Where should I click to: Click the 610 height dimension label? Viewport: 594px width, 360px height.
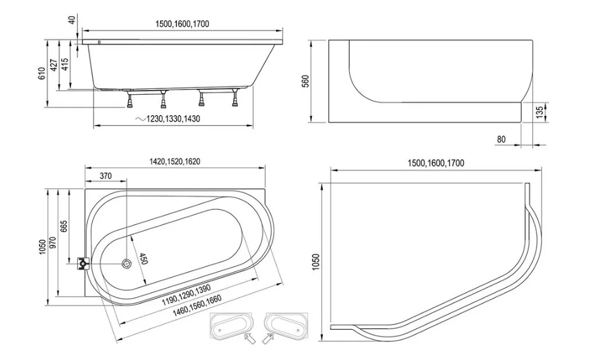click(x=42, y=73)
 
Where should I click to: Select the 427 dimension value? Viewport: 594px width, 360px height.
click(x=54, y=65)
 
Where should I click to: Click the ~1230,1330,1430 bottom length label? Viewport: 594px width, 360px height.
click(x=168, y=119)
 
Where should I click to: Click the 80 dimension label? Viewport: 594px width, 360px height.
click(x=501, y=140)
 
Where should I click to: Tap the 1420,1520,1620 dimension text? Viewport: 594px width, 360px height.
click(x=175, y=162)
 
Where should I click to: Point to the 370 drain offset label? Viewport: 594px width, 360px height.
click(x=106, y=176)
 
